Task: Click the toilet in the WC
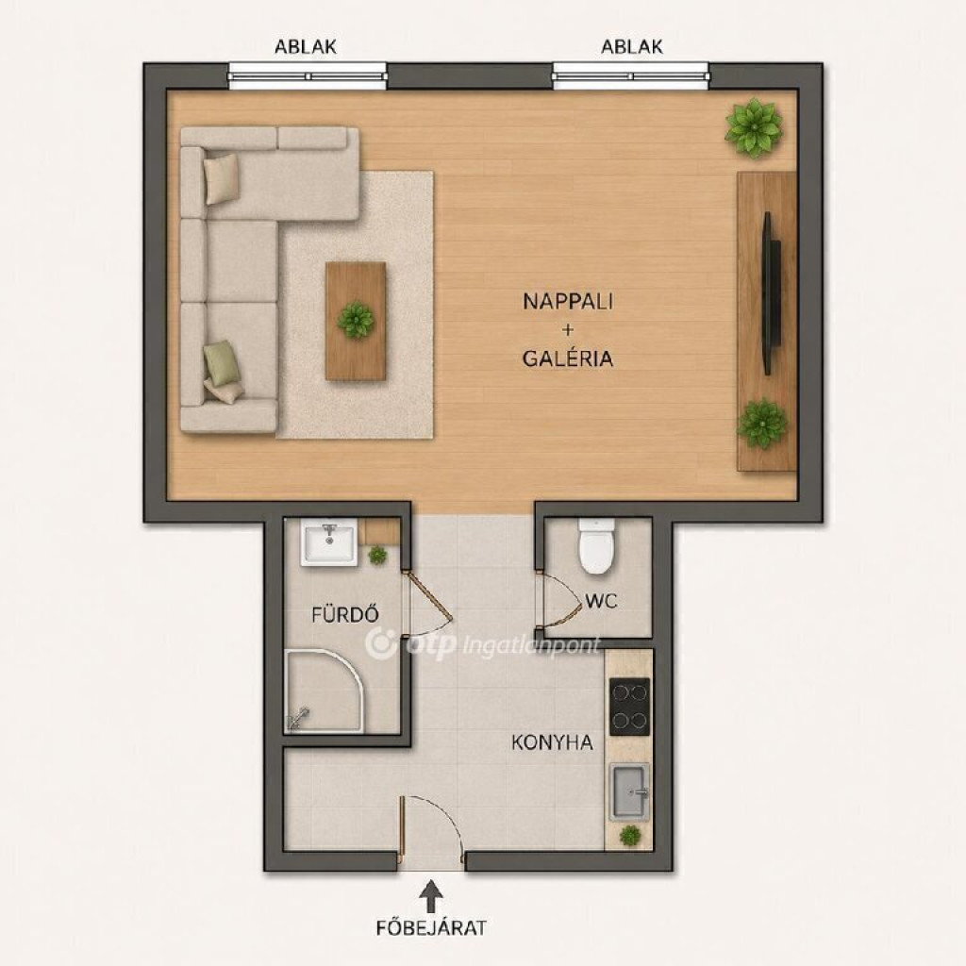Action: click(596, 546)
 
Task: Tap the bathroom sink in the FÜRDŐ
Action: click(329, 541)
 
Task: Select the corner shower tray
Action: click(325, 691)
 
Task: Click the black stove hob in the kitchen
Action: click(629, 707)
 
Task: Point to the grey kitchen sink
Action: click(629, 792)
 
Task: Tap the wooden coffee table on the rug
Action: click(356, 321)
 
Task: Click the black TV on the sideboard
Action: click(771, 293)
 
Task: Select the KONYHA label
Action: click(552, 742)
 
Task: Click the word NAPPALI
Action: click(567, 301)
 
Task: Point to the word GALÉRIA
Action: click(567, 358)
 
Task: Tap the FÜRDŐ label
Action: click(345, 614)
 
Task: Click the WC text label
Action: click(601, 601)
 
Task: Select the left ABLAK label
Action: click(306, 47)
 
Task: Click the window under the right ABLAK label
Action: click(631, 76)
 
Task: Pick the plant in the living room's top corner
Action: click(754, 127)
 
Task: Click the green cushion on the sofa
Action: click(220, 363)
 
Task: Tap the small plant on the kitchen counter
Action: click(629, 836)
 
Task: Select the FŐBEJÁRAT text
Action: click(431, 928)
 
